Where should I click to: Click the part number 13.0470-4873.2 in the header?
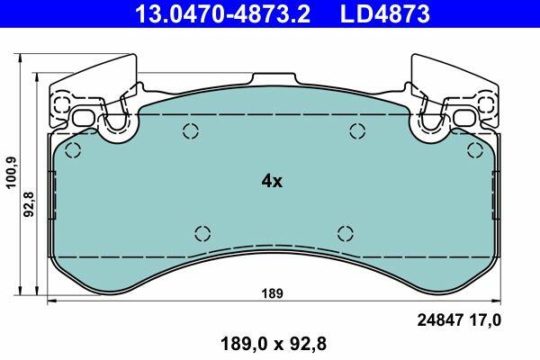[x=223, y=13]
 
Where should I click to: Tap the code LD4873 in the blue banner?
[x=385, y=13]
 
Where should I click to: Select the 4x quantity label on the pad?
[x=272, y=181]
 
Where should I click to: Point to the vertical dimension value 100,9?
[x=12, y=172]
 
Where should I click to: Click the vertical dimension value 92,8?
[x=29, y=204]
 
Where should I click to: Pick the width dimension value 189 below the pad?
[x=272, y=293]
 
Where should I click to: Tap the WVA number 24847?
[x=439, y=320]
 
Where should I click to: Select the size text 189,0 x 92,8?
[x=273, y=344]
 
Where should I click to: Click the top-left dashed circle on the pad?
[x=73, y=150]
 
